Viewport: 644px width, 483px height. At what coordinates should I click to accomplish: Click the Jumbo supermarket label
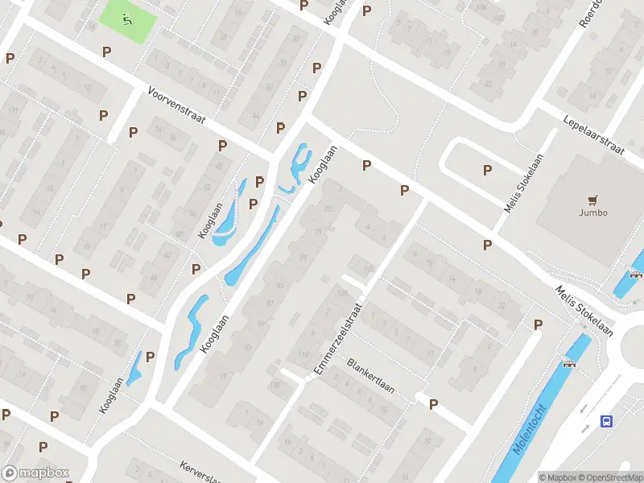(x=592, y=213)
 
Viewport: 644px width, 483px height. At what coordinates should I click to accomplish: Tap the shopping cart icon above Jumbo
(x=593, y=200)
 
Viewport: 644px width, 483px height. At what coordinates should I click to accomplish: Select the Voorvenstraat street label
(x=176, y=105)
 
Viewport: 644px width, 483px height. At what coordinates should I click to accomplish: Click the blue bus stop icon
(x=607, y=421)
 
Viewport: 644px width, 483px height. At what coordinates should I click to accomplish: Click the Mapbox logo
(x=35, y=473)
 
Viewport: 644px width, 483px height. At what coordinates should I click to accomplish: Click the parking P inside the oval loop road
(x=486, y=170)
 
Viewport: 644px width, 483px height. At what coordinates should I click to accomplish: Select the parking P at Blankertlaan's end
(x=433, y=405)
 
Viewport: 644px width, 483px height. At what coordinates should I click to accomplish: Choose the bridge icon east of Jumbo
(x=636, y=274)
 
